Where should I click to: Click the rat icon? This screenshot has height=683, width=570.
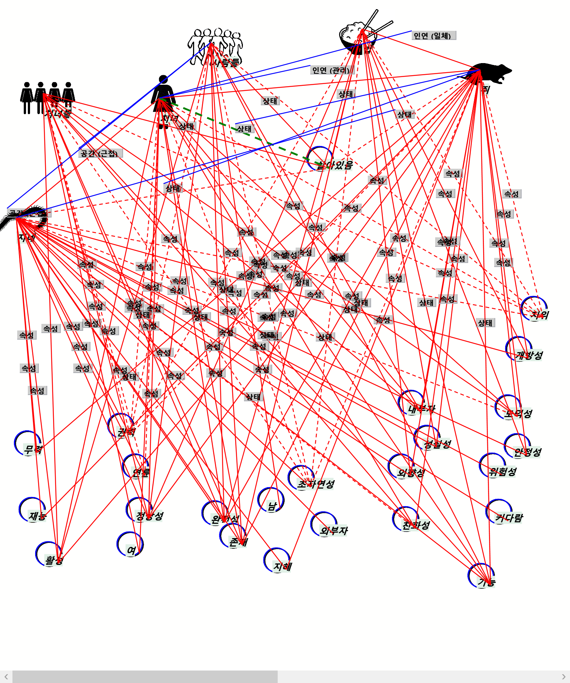(x=487, y=73)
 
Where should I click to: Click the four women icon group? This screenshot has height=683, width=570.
(x=48, y=97)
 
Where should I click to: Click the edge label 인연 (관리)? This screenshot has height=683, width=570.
(x=332, y=70)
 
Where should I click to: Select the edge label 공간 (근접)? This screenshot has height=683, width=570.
(x=100, y=153)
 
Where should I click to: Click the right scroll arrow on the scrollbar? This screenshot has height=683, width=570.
(x=563, y=676)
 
